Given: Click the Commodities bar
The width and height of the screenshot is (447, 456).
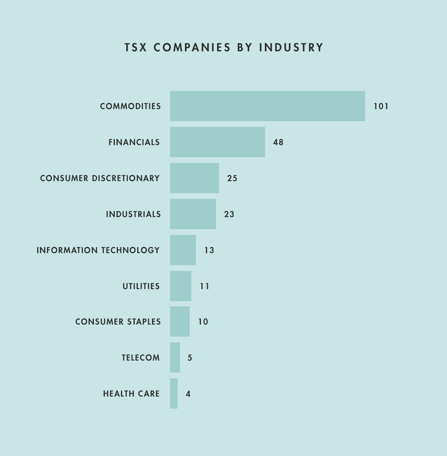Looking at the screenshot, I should (267, 106).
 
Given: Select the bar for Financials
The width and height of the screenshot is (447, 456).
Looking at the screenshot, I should (217, 142).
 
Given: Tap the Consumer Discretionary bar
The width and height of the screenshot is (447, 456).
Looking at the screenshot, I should (194, 178).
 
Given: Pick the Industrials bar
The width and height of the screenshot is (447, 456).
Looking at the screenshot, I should (193, 214).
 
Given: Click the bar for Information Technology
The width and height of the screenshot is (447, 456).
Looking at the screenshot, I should (183, 250).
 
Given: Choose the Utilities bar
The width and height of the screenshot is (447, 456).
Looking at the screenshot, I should (180, 286).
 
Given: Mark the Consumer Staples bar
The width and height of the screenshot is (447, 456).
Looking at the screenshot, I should (180, 321).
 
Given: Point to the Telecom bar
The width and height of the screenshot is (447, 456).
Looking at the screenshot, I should (175, 357).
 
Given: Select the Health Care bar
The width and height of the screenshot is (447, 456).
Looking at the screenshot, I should (174, 393).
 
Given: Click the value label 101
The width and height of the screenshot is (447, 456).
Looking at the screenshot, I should (381, 106).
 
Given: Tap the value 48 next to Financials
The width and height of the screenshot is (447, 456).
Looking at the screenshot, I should (278, 142).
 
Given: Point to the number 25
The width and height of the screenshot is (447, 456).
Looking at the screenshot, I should (232, 178).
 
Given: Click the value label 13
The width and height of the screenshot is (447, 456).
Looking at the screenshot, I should (209, 250).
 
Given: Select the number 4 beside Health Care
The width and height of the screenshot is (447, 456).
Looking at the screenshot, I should (188, 394).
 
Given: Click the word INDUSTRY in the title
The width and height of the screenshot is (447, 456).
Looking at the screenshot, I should (291, 47).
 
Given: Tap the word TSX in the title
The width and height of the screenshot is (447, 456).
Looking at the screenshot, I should (135, 47).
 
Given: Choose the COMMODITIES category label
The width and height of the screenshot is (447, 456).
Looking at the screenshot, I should (130, 106).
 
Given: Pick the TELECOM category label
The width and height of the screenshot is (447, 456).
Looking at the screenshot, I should (141, 358).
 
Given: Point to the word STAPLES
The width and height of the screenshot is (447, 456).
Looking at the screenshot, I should (144, 322).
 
